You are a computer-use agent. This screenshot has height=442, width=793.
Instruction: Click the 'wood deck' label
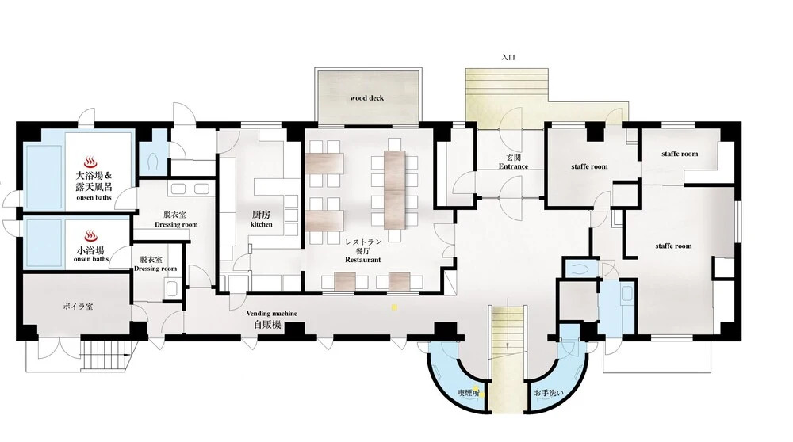tap(366, 98)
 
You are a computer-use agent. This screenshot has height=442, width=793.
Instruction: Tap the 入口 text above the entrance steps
tap(508, 58)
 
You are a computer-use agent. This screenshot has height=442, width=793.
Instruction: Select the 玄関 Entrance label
tap(513, 162)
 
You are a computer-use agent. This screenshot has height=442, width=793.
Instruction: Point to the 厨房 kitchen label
tap(262, 219)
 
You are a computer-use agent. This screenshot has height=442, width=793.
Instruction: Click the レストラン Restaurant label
tap(363, 250)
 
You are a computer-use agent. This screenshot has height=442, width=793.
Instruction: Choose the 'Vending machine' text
tap(271, 313)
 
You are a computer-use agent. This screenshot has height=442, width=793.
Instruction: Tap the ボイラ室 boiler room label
tap(78, 307)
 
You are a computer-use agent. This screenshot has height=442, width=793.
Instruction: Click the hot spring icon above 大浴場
tap(90, 162)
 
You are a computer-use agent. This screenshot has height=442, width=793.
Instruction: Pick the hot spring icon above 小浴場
tap(90, 236)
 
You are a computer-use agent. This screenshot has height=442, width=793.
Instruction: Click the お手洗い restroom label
tap(549, 393)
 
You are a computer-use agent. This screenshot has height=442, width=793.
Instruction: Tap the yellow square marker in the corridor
tap(394, 307)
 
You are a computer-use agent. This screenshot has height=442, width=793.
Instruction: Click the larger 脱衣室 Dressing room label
tap(176, 219)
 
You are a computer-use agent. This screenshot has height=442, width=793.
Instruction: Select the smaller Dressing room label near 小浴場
tap(155, 264)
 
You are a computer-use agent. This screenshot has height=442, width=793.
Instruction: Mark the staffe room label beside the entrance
tap(589, 166)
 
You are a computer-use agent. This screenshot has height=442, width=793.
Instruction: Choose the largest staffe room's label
tap(673, 246)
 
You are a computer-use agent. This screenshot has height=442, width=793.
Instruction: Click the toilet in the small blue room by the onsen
tap(154, 161)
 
